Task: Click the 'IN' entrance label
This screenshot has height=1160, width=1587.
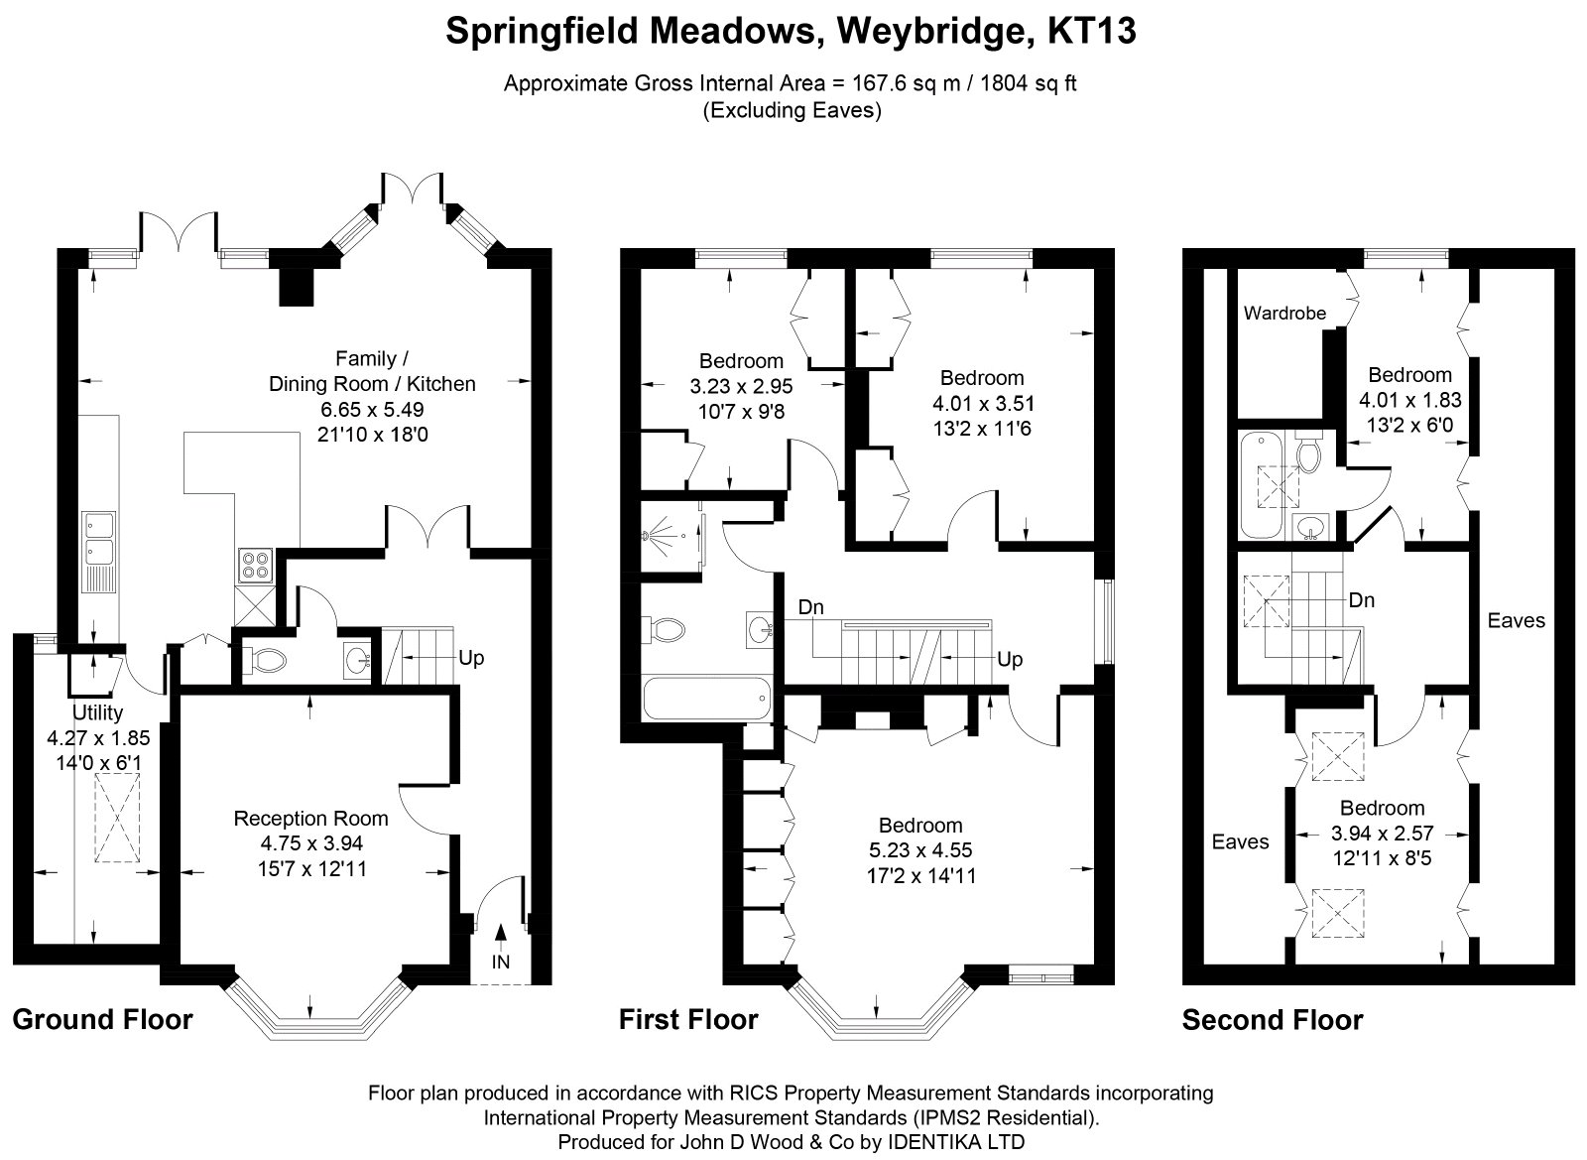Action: (500, 962)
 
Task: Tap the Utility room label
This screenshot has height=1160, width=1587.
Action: (98, 712)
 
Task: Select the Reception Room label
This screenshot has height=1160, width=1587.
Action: (311, 819)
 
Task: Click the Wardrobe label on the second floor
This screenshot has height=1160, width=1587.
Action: (1284, 313)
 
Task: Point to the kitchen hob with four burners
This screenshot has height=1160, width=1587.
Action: (255, 567)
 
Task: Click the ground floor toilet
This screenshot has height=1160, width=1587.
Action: (264, 662)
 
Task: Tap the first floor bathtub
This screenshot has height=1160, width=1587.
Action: (707, 698)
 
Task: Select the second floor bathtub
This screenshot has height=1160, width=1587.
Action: (1262, 485)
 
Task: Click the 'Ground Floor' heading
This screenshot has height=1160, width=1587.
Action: (103, 1020)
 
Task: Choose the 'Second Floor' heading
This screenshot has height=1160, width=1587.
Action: (1273, 1020)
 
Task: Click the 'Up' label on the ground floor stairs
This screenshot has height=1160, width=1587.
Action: (471, 658)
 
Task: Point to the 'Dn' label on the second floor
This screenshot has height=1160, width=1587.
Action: (1362, 600)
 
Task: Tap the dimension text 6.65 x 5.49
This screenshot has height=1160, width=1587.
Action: (372, 409)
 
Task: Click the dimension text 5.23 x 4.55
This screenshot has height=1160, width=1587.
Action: (920, 849)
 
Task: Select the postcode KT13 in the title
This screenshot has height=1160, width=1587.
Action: (1092, 31)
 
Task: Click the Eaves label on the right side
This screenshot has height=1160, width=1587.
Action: (1517, 621)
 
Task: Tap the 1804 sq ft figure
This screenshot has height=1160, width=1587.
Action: (1029, 83)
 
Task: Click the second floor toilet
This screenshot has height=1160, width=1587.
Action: (1307, 452)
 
